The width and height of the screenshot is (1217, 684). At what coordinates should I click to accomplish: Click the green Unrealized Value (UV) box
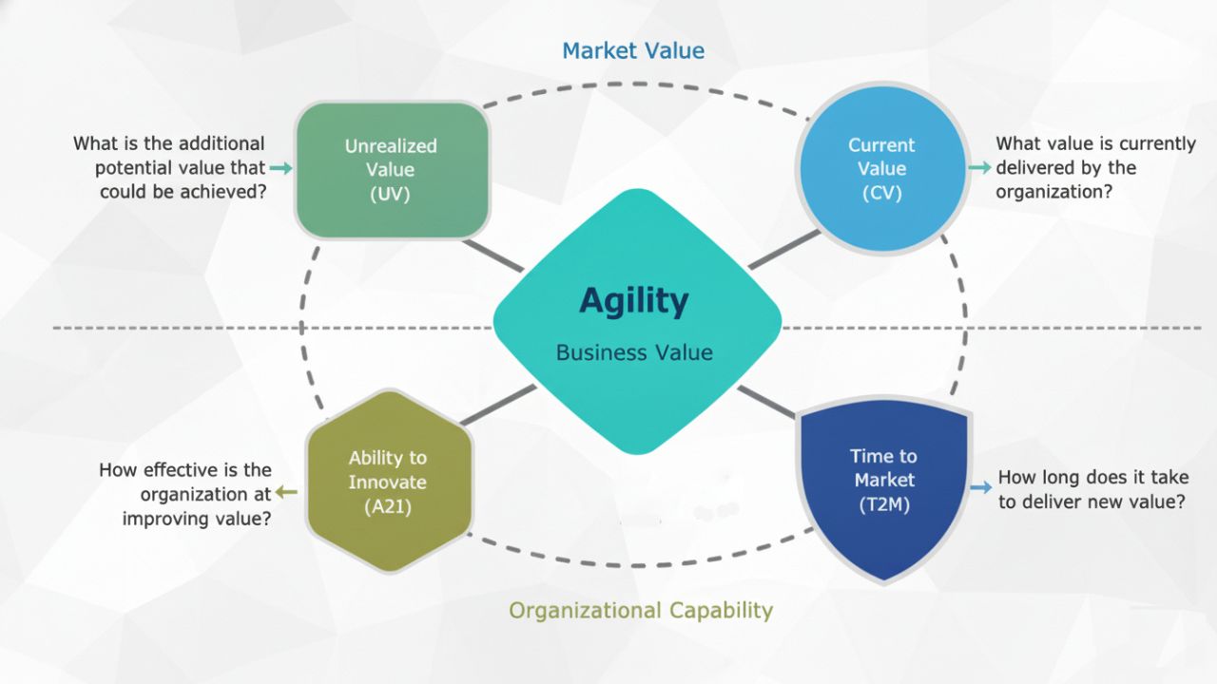[x=391, y=170]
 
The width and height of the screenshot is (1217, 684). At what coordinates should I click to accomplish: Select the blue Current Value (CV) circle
[x=881, y=169]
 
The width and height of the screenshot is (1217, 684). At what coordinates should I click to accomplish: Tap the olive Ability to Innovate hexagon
[x=388, y=482]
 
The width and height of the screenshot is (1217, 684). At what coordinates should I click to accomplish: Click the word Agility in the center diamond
[x=634, y=301]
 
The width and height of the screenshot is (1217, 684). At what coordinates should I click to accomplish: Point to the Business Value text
[x=634, y=353]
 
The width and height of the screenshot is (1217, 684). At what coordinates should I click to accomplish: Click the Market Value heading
[x=633, y=50]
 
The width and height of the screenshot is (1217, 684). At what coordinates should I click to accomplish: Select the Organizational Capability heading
[x=641, y=610]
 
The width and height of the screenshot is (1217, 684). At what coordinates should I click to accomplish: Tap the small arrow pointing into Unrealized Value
[x=280, y=168]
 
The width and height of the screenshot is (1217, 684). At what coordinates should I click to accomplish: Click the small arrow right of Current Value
[x=979, y=168]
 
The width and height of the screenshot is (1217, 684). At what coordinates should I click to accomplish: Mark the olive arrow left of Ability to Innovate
[x=286, y=492]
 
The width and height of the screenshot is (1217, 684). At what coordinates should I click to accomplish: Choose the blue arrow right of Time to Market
[x=980, y=488]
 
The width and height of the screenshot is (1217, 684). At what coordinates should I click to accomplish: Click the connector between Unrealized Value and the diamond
[x=493, y=256]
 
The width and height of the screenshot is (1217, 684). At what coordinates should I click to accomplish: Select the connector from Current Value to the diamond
[x=783, y=250]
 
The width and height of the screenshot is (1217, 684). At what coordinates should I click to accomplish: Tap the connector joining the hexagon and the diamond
[x=497, y=406]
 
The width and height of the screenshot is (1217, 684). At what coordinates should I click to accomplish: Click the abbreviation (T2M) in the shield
[x=883, y=504]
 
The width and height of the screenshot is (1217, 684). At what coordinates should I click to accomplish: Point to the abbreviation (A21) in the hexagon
[x=387, y=506]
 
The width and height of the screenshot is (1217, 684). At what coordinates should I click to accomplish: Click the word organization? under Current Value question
[x=1053, y=192]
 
